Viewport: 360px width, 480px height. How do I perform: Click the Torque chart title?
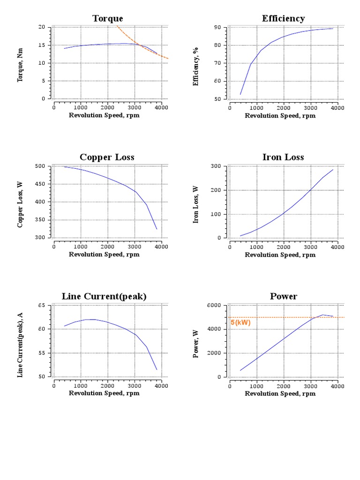(107, 18)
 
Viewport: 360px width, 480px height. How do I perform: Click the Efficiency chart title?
(283, 18)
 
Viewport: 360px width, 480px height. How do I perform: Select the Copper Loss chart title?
(107, 157)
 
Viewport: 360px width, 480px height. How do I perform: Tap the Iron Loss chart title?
(283, 157)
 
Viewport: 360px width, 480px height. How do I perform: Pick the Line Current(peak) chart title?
(104, 296)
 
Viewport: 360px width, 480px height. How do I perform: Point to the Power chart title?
(283, 296)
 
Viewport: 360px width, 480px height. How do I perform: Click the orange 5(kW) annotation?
(240, 322)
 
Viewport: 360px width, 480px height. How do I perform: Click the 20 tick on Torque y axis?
(42, 27)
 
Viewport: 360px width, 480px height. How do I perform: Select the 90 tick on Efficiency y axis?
(218, 27)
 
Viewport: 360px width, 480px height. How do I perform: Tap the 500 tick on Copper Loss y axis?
(40, 166)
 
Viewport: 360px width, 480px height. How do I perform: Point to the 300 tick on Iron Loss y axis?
(216, 166)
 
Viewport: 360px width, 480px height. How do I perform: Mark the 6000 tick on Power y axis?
(215, 305)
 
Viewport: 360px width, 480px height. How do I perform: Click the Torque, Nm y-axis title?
(20, 63)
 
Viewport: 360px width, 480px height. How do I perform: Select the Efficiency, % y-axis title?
(196, 63)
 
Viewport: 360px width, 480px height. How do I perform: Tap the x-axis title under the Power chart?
(280, 394)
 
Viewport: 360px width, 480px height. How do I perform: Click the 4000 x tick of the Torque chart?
(161, 107)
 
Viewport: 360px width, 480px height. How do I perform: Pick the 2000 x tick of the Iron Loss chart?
(283, 247)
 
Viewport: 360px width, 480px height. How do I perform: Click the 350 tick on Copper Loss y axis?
(40, 220)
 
